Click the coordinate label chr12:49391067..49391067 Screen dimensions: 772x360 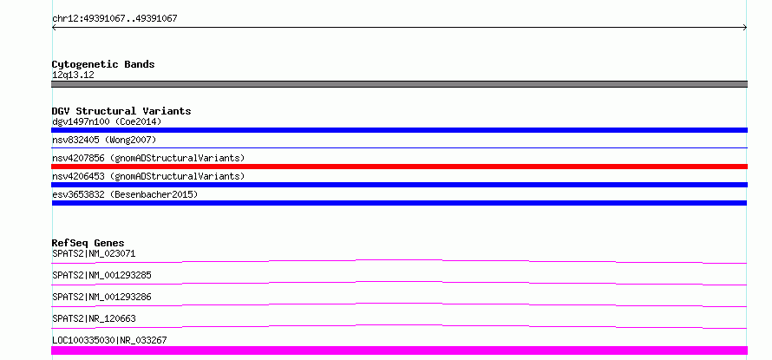114,19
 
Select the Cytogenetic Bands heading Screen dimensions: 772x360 103,64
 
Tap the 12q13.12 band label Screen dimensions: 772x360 73,75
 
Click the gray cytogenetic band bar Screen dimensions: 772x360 399,84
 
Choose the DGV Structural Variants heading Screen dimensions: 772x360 121,111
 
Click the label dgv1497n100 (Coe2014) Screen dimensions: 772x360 107,121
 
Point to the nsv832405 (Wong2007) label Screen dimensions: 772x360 104,141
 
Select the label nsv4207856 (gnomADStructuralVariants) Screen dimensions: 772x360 148,158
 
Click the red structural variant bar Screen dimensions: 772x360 399,167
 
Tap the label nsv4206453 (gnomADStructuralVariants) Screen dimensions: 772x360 148,176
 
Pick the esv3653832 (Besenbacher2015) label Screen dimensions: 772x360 125,194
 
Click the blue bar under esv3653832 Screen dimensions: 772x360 399,203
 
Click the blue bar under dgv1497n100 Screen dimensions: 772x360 399,130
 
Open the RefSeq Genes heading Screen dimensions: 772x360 88,243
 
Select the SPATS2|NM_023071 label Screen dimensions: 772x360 94,254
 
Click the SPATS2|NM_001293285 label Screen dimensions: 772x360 101,275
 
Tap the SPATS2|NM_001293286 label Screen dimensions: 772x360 101,297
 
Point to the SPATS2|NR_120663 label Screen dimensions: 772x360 94,318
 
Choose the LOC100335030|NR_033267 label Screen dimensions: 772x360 109,340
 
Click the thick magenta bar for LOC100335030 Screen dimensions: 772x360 399,350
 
